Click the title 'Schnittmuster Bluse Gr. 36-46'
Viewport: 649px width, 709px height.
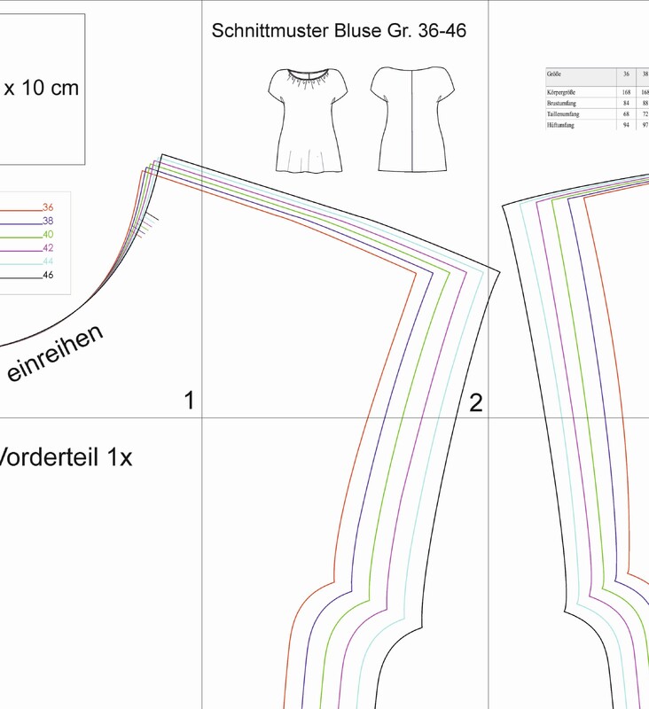(339, 31)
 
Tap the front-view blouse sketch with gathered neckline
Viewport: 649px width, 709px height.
(307, 120)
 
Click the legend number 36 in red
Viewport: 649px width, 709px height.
(48, 207)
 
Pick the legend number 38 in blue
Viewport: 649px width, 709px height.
(48, 221)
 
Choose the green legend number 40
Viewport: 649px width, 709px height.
(48, 234)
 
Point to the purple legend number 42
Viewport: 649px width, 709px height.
(48, 248)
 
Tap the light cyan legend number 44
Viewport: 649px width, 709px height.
(48, 261)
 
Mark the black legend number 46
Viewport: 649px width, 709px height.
(48, 275)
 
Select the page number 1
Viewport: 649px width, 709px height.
(189, 401)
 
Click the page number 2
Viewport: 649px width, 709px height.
(475, 403)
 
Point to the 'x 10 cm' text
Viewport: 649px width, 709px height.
(42, 89)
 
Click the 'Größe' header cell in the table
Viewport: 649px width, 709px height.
(555, 74)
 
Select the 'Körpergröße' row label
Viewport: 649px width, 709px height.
(563, 91)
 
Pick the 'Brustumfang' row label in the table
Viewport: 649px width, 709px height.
(563, 103)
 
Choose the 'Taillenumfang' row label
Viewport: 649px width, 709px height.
(565, 114)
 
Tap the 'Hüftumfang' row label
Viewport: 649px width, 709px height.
(562, 126)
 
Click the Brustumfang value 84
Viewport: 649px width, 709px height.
(626, 103)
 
